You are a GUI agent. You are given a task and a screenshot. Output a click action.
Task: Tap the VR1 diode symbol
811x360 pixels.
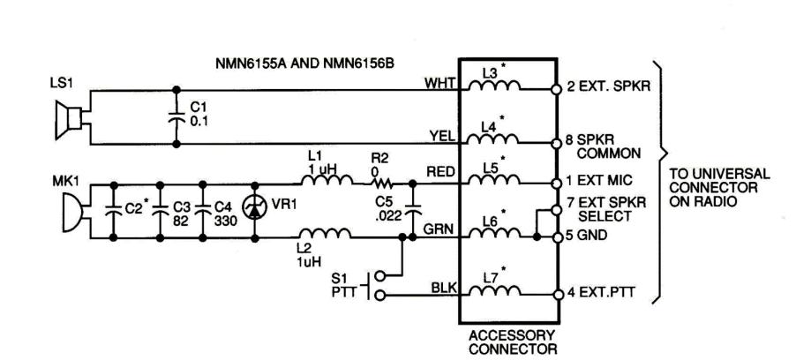257,211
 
